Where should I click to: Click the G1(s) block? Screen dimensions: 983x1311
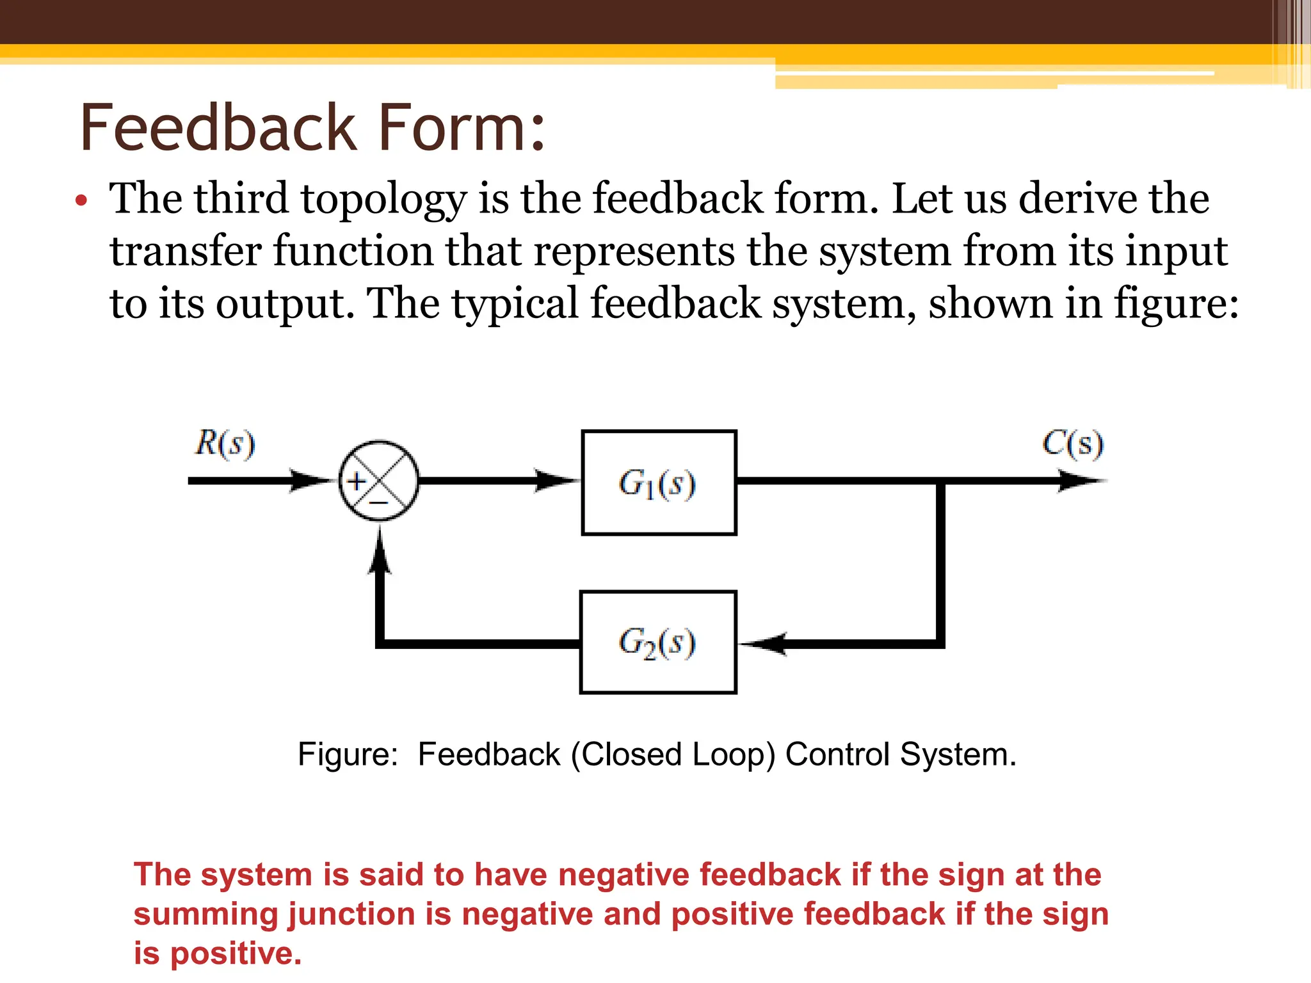[659, 483]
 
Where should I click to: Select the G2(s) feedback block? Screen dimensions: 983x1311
[658, 643]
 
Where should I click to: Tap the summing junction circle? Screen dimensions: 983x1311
[379, 481]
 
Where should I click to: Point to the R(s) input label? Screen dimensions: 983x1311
[225, 444]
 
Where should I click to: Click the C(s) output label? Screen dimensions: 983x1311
[1073, 444]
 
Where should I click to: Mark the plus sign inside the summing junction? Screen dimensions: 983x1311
[357, 481]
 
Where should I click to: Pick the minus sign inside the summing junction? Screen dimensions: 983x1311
[379, 503]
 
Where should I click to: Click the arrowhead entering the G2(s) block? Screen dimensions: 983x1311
[762, 643]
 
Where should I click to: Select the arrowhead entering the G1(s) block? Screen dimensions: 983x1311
[556, 481]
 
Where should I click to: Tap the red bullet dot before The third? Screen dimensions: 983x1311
[81, 200]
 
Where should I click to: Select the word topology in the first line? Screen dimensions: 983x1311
[384, 200]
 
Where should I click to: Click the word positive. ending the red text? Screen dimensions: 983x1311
[236, 954]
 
